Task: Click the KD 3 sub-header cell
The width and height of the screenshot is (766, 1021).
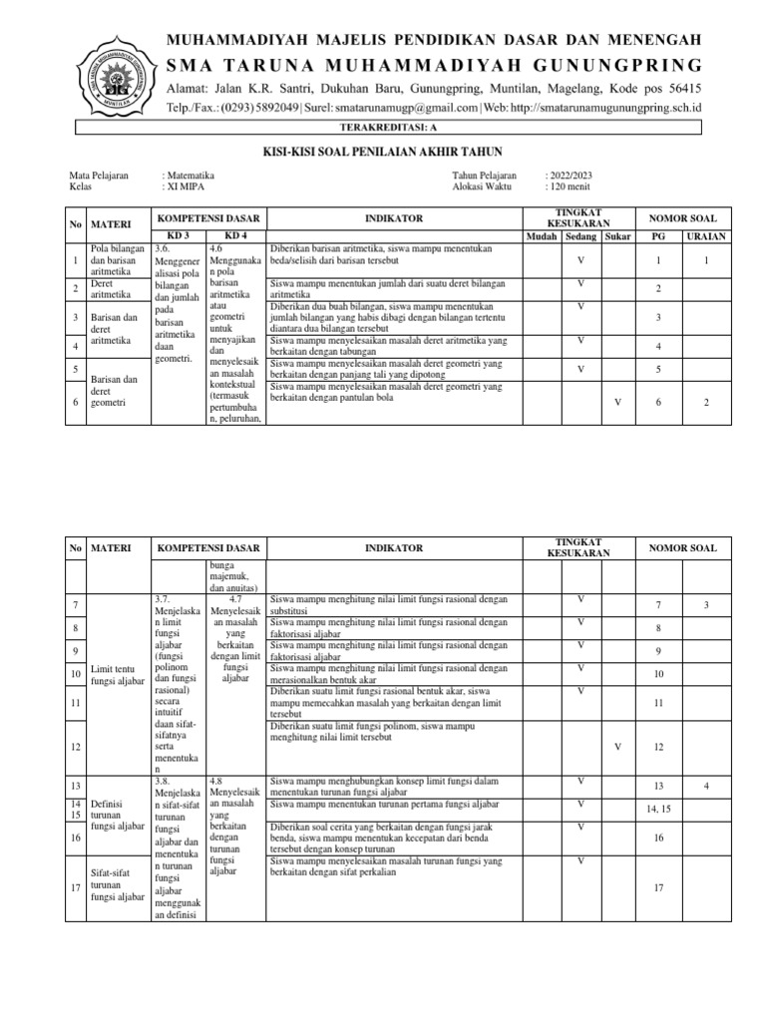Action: tap(177, 236)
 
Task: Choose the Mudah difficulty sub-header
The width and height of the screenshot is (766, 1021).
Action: tap(542, 236)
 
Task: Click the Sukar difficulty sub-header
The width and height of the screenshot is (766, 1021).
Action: tap(618, 236)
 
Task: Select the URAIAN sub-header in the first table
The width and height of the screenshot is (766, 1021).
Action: tap(705, 236)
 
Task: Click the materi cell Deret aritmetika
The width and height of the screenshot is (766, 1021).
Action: tap(111, 287)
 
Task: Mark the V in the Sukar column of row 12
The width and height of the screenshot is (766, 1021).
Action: tap(617, 747)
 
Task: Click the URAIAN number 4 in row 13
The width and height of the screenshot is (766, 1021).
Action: tap(705, 786)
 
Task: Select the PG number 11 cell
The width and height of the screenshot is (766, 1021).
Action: tap(657, 703)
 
